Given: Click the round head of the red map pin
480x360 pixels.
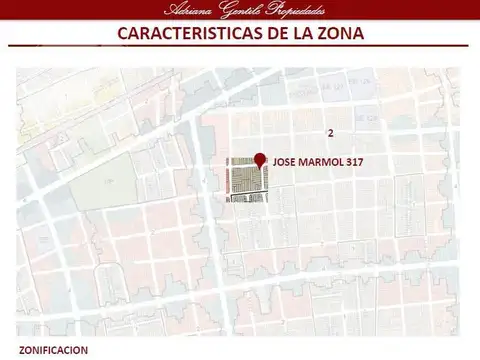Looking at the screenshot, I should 261,159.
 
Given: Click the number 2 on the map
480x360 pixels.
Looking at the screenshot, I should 330,133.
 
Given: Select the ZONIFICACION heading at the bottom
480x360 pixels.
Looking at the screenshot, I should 53,350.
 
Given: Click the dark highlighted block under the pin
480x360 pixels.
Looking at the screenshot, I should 245,180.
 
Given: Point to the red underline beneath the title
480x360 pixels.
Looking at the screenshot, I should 240,47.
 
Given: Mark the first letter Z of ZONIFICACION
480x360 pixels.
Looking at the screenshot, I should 22,350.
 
